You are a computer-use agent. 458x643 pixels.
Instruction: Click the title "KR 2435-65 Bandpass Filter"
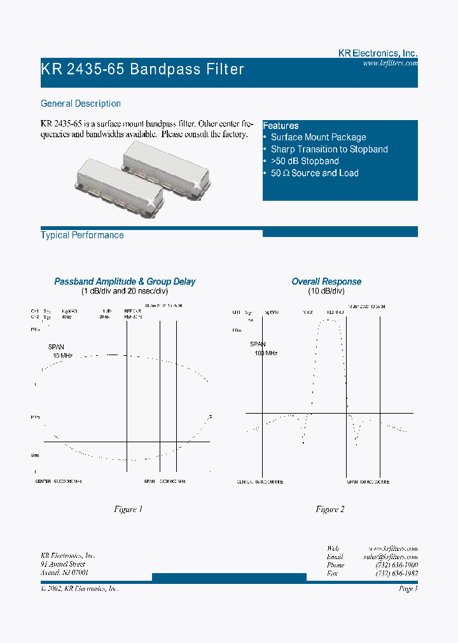pyautogui.click(x=142, y=69)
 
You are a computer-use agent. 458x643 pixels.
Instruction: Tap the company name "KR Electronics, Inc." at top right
pyautogui.click(x=377, y=54)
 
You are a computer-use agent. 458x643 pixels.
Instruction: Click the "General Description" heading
pyautogui.click(x=81, y=104)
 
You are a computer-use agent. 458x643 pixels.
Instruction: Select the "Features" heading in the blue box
pyautogui.click(x=281, y=126)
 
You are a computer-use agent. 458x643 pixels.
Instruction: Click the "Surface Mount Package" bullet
pyautogui.click(x=318, y=137)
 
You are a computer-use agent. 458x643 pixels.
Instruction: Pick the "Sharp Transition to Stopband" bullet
pyautogui.click(x=329, y=149)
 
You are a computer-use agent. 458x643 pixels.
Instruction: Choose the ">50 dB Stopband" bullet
pyautogui.click(x=305, y=161)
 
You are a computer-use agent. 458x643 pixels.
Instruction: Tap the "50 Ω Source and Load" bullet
pyautogui.click(x=314, y=173)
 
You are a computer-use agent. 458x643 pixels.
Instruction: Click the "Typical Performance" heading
pyautogui.click(x=82, y=235)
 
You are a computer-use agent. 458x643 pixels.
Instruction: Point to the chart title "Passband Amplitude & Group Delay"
pyautogui.click(x=125, y=281)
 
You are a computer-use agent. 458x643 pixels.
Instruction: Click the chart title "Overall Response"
pyautogui.click(x=326, y=281)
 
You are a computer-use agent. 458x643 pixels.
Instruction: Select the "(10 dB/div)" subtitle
pyautogui.click(x=327, y=291)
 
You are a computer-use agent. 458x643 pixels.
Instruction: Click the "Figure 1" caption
pyautogui.click(x=128, y=510)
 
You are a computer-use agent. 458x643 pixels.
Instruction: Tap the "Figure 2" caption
pyautogui.click(x=330, y=510)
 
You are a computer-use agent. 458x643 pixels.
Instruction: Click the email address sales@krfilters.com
pyautogui.click(x=391, y=557)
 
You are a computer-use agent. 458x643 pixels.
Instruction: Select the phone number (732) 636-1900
pyautogui.click(x=396, y=565)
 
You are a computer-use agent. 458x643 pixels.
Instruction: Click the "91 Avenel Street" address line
pyautogui.click(x=63, y=564)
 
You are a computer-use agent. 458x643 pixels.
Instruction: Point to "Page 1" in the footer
pyautogui.click(x=408, y=589)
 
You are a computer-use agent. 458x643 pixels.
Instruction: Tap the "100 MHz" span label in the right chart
pyautogui.click(x=266, y=353)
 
